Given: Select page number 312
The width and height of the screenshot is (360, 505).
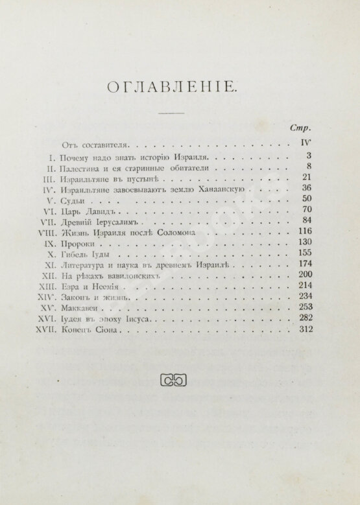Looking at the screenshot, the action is [x=303, y=331].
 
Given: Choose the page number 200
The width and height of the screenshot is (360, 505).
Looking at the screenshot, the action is [x=304, y=276].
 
